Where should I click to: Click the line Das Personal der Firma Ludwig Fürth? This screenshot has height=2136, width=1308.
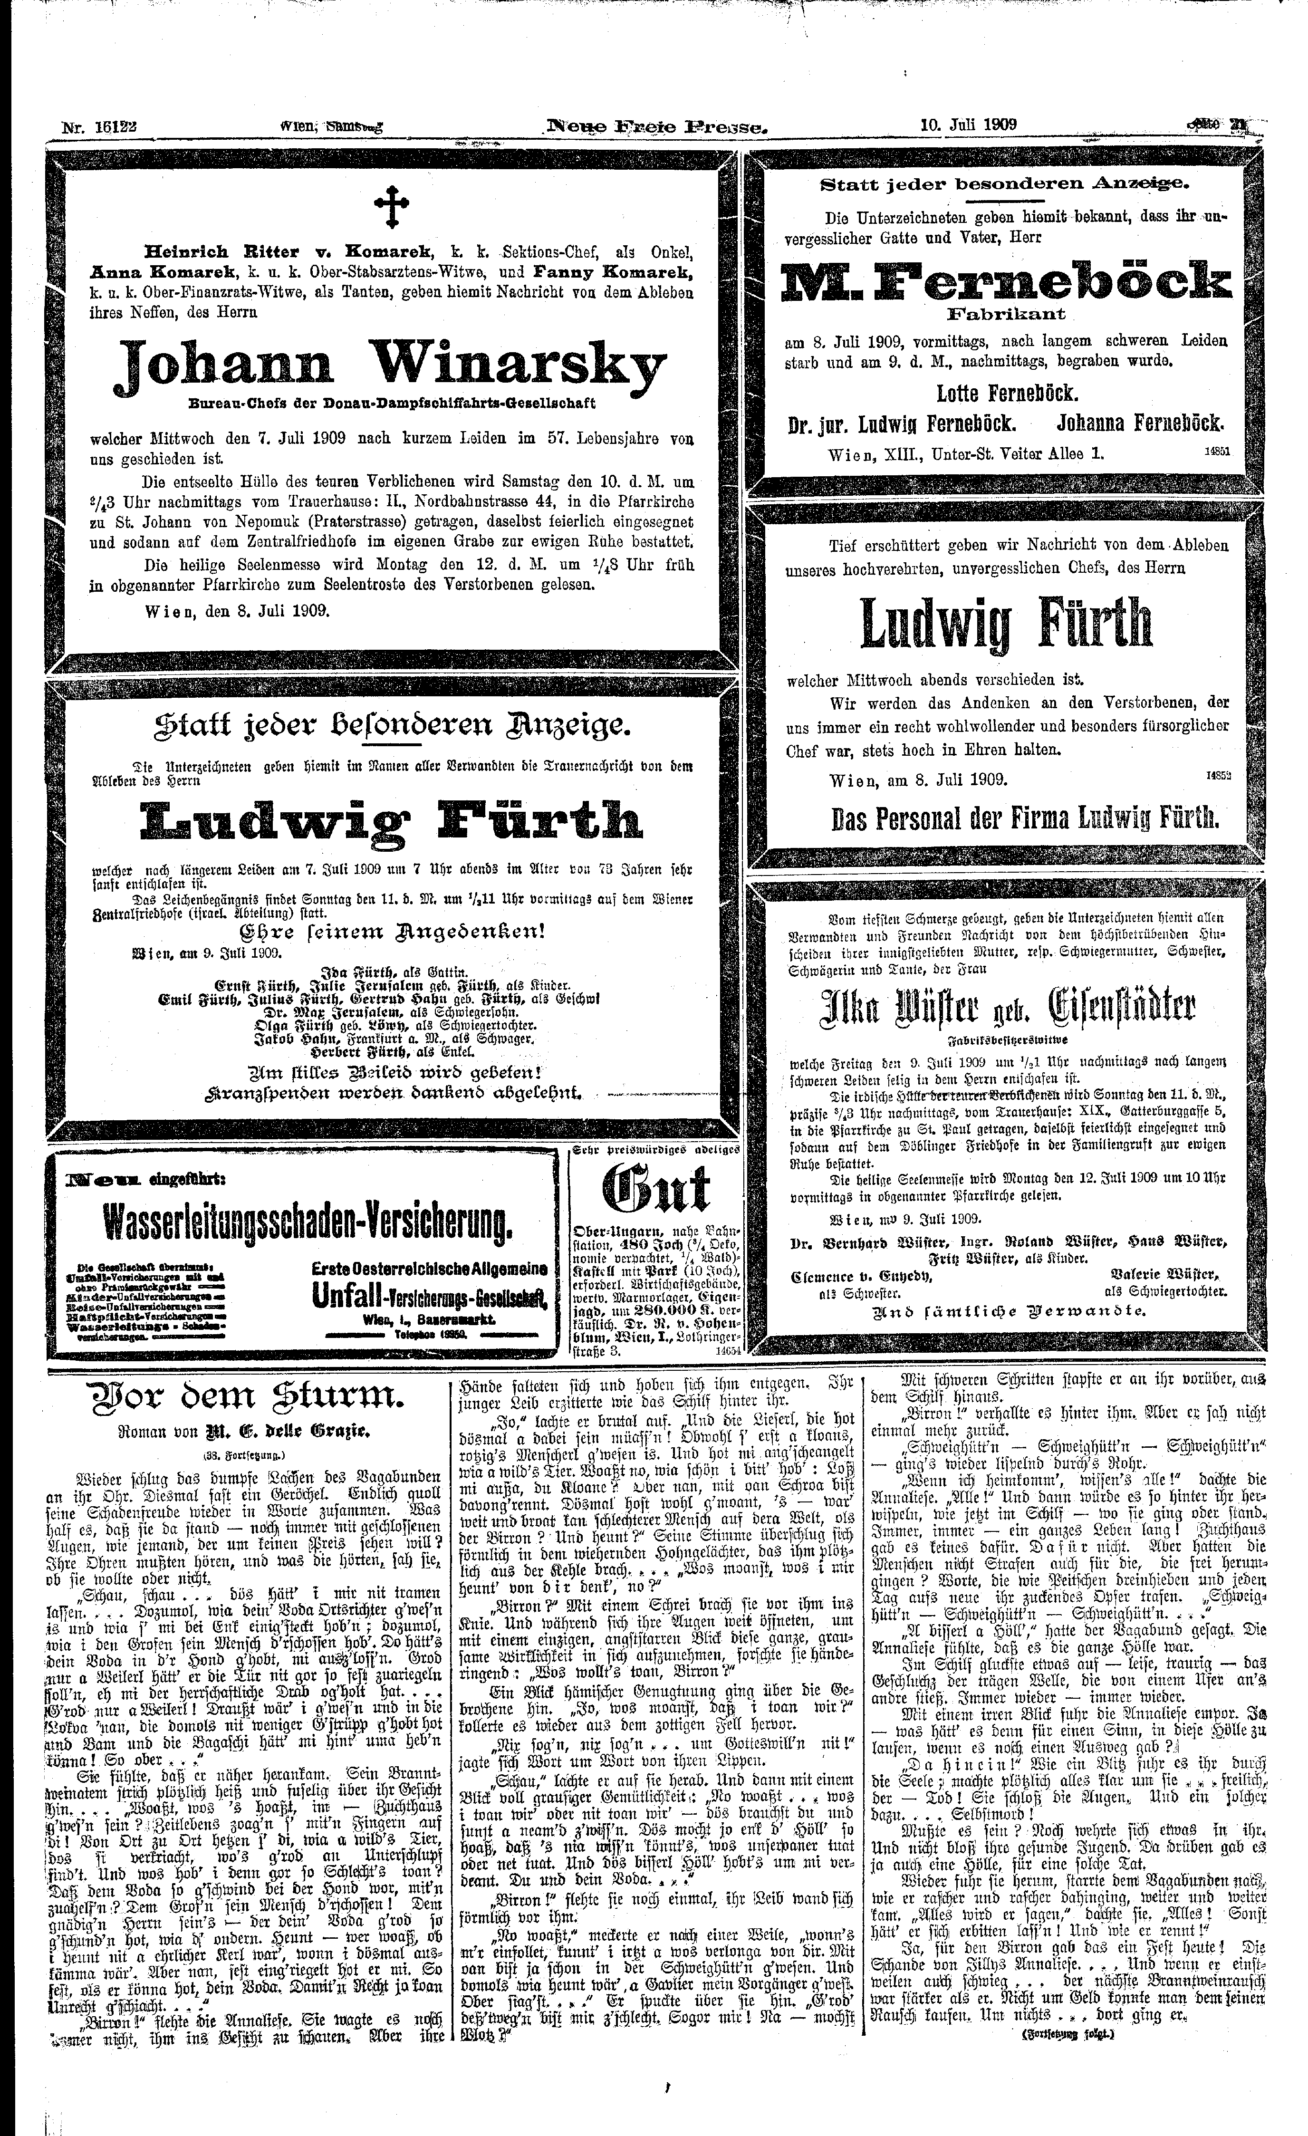pyautogui.click(x=1025, y=818)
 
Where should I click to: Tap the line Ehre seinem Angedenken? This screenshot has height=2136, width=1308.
pyautogui.click(x=392, y=932)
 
